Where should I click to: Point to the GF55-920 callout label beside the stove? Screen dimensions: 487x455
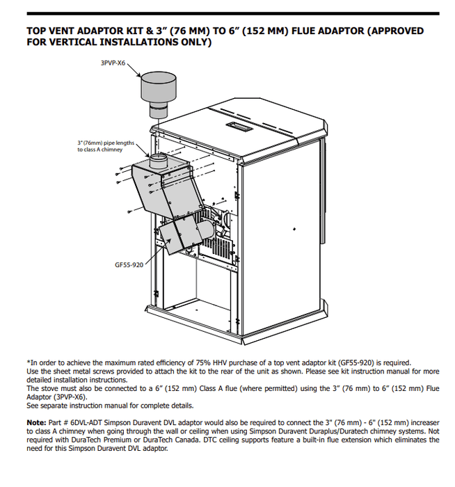tap(129, 265)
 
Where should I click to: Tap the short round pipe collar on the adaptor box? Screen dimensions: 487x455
tap(159, 161)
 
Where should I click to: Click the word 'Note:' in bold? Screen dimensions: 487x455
tap(36, 423)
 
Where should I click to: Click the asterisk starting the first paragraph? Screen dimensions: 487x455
tap(28, 362)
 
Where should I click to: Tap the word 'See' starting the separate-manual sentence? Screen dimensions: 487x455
tap(33, 406)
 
